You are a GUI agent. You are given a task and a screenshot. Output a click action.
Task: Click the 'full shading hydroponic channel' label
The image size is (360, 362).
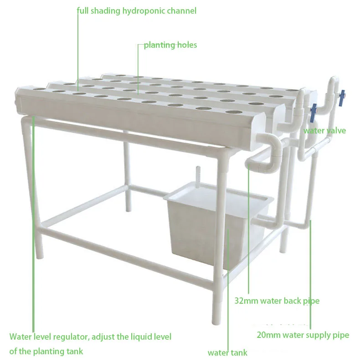coord(137,11)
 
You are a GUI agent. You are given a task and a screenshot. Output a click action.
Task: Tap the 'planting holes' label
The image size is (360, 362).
coord(170,45)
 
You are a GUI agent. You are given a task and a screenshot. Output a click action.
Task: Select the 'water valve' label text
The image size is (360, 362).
coord(324,131)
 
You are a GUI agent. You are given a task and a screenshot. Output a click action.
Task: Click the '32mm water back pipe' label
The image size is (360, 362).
coord(277,301)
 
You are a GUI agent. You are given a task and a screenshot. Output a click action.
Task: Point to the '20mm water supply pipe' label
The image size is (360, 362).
coord(303,335)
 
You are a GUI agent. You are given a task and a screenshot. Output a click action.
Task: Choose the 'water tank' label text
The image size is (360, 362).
coord(227,353)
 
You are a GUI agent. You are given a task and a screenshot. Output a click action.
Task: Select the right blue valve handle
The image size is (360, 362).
coord(341,98)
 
